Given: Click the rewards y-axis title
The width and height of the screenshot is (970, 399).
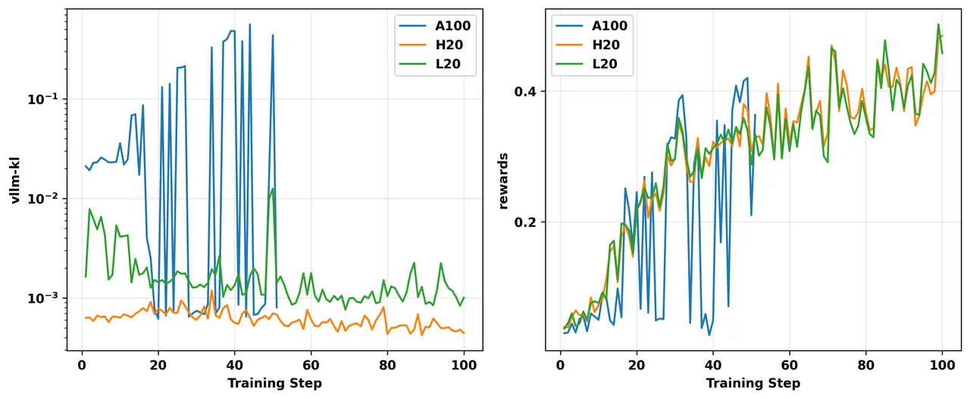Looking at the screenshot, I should coord(502,181).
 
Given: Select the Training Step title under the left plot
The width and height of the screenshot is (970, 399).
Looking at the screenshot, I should coord(274,384).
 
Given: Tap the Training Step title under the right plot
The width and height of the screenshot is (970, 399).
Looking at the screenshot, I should coord(753,384).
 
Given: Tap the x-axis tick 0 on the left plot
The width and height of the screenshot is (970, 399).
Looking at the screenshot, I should coord(82,364).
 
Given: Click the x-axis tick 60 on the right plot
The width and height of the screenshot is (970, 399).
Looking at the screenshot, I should coord(790,364).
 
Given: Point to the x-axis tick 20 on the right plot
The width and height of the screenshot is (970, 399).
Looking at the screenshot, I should coord(637,364).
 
